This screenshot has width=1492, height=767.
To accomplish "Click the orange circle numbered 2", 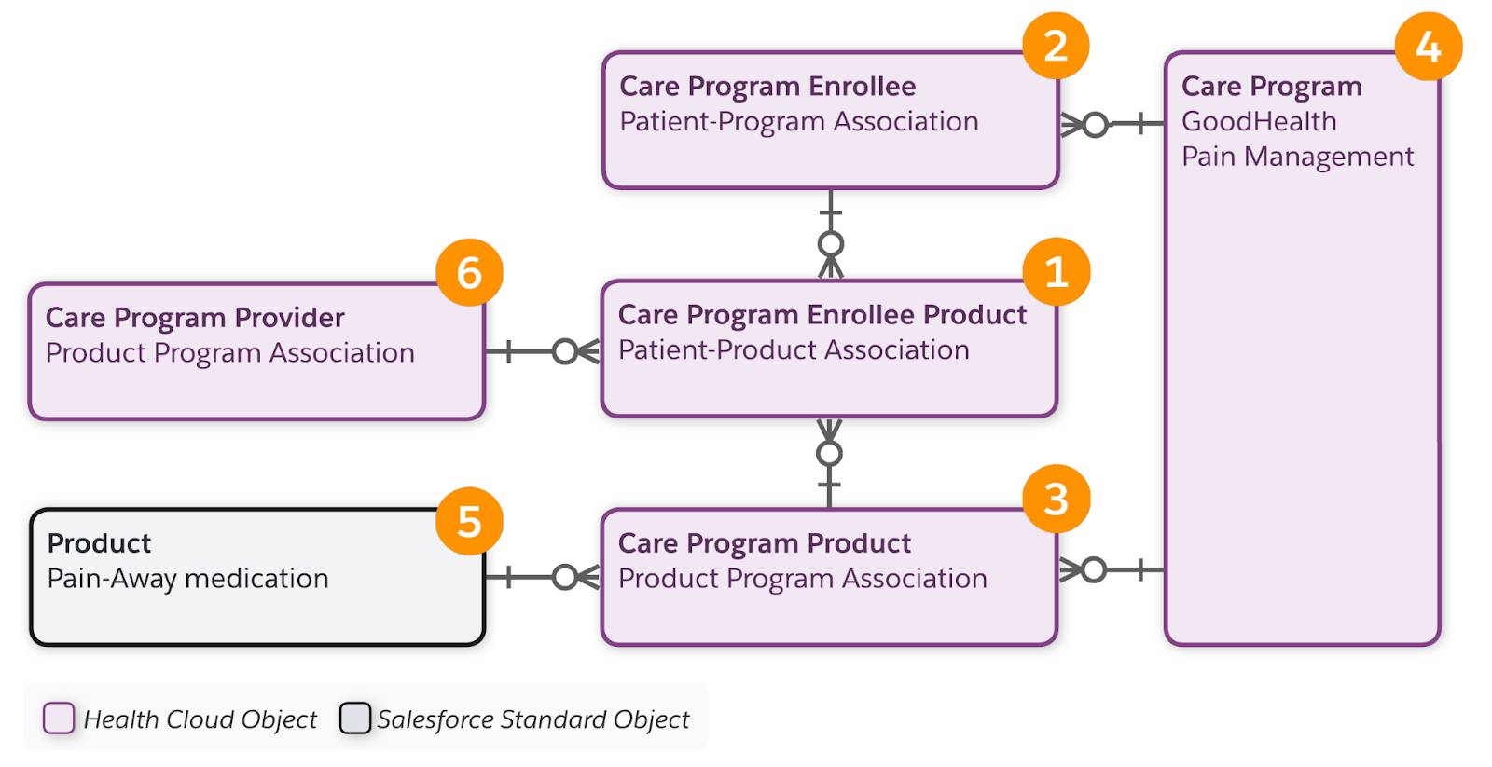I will click(x=1056, y=46).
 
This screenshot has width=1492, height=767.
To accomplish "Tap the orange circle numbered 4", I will click(x=1428, y=47).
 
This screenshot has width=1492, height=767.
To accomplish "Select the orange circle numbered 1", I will click(x=1056, y=272).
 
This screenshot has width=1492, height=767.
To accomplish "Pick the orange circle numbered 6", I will click(x=469, y=272).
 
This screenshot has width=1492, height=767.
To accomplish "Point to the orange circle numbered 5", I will click(x=469, y=521).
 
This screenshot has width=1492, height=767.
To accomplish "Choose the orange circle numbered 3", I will click(x=1056, y=500).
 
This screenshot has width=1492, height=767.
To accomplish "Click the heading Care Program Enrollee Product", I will click(x=822, y=315).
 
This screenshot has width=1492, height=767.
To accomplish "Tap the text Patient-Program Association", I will click(x=798, y=122).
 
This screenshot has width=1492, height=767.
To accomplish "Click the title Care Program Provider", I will click(x=195, y=318).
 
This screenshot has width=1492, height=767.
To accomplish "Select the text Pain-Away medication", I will click(x=187, y=579).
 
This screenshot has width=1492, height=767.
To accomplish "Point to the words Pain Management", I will click(x=1297, y=157).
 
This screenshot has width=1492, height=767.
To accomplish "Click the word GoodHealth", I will click(x=1258, y=121).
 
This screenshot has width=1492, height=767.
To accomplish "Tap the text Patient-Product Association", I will click(x=794, y=350).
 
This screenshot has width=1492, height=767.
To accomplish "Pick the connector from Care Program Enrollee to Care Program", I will click(x=1112, y=123).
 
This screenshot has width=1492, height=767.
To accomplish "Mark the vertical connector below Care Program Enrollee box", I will click(x=830, y=233).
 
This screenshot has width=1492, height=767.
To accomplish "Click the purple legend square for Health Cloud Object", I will click(x=59, y=719).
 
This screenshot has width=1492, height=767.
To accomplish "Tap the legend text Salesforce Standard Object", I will click(x=532, y=719).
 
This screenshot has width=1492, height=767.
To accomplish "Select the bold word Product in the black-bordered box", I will click(x=99, y=543).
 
